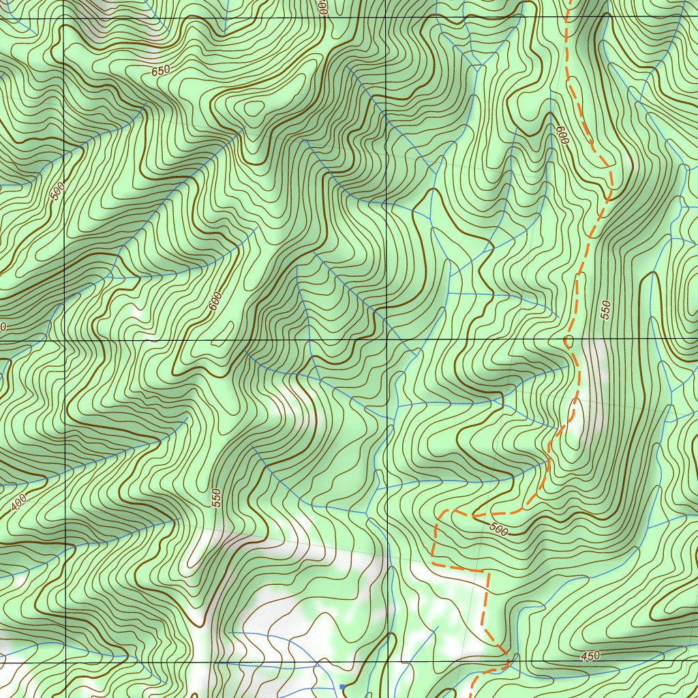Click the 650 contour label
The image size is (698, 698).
point(161,70)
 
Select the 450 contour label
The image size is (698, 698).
point(590,656)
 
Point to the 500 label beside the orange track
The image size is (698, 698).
point(499,529)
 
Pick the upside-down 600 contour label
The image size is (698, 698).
point(562,136)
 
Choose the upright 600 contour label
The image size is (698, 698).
point(215,301)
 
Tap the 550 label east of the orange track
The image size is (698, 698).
point(606,308)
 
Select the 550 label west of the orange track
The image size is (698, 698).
point(217,497)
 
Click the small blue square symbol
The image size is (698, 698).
point(342,686)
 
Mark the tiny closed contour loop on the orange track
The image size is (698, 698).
point(568,339)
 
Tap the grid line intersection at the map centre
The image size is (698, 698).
point(386,339)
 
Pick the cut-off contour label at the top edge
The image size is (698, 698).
point(322,7)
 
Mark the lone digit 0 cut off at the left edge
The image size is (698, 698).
point(3,328)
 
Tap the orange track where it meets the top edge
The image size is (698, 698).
point(567,2)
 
